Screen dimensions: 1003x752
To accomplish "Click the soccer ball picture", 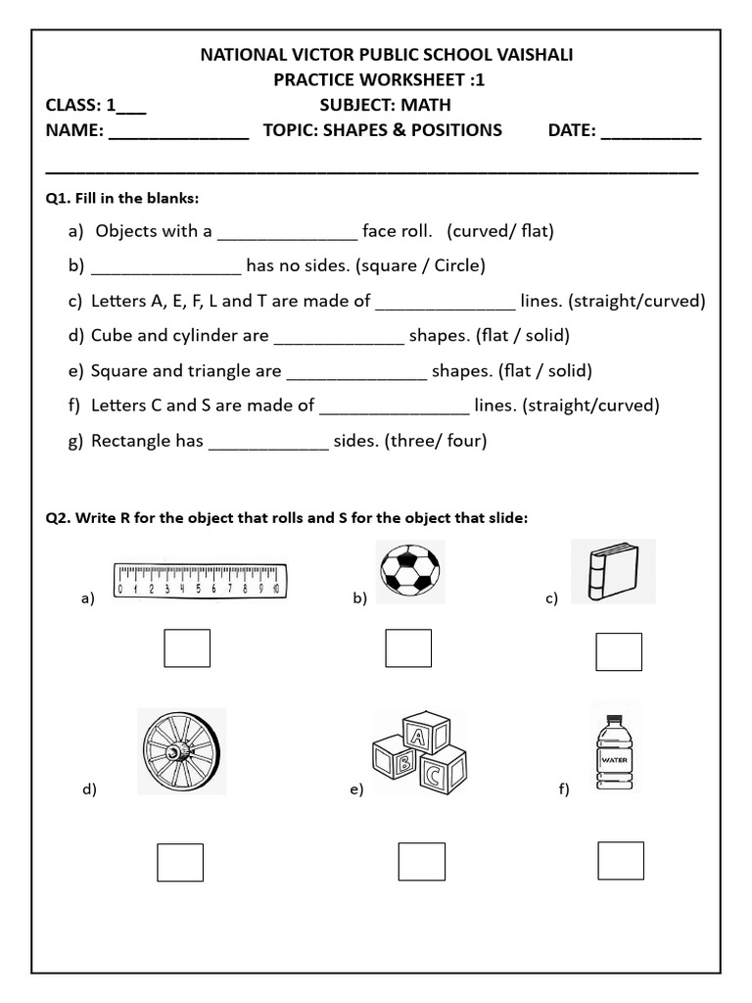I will pyautogui.click(x=409, y=570).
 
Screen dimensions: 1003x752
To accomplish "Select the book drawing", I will pyautogui.click(x=611, y=572).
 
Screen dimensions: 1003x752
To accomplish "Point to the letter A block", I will pyautogui.click(x=419, y=738).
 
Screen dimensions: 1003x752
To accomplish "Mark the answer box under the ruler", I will pyautogui.click(x=186, y=647).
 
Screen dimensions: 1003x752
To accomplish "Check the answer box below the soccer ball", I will pyautogui.click(x=408, y=647).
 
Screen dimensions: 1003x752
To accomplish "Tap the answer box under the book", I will pyautogui.click(x=619, y=651).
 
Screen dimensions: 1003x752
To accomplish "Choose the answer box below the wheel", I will pyautogui.click(x=180, y=862).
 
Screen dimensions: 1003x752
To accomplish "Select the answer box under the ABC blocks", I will pyautogui.click(x=421, y=861).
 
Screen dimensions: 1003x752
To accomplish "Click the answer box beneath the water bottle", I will pyautogui.click(x=621, y=860).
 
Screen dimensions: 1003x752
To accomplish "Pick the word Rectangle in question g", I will pyautogui.click(x=130, y=441).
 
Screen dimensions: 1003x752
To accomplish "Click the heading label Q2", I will pyautogui.click(x=59, y=517).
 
